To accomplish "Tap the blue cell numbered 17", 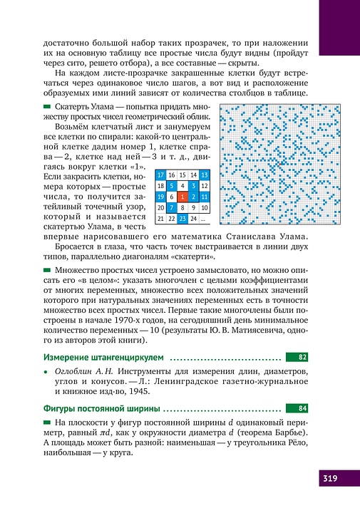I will pos(160,175).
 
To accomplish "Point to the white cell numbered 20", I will pos(160,207).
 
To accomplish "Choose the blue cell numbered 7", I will pos(171,207).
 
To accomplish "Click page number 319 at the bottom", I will pos(329,477).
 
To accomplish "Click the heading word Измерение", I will pos(68,356).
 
